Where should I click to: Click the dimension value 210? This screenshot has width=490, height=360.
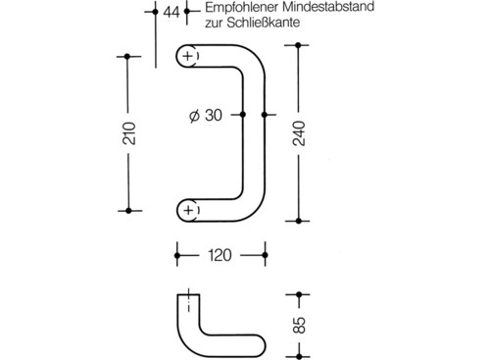tap(129, 133)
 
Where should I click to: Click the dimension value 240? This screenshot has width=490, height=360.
tap(299, 133)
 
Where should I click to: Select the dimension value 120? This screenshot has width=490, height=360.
tap(220, 256)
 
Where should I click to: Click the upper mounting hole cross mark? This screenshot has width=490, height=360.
tap(188, 58)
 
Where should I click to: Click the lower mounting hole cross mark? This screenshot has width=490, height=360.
tap(188, 209)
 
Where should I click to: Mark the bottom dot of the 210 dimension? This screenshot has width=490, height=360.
tap(129, 209)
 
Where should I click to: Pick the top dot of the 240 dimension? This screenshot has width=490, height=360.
tap(299, 42)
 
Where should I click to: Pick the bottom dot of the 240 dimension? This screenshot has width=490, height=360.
tap(299, 225)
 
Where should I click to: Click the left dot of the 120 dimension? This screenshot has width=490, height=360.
tap(177, 256)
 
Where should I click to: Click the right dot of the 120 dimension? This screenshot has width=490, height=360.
tap(266, 256)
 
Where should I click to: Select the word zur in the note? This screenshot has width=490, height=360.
tap(215, 27)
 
